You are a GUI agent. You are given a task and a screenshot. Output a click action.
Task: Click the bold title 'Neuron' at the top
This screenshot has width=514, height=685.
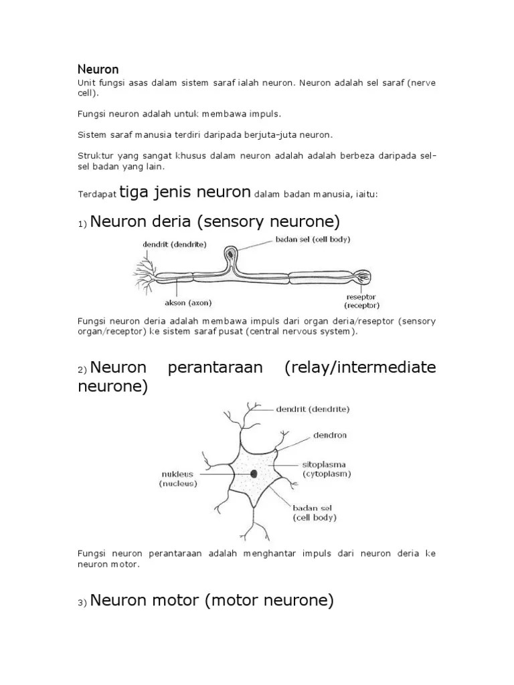98,69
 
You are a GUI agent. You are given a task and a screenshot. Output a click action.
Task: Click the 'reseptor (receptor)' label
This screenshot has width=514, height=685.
360,300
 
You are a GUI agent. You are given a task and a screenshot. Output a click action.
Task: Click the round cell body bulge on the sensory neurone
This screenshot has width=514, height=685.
230,255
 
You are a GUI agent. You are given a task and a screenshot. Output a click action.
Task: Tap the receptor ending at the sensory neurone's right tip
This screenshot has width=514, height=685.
361,275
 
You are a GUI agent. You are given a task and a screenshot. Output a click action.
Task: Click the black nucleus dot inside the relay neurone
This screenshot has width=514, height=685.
254,474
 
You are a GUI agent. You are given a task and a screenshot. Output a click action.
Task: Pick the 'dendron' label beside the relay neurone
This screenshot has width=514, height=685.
330,435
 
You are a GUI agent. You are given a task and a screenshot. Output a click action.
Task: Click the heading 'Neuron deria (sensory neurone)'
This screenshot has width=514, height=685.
215,221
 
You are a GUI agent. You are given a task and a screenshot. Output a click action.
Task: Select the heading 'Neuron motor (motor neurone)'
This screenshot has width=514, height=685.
211,601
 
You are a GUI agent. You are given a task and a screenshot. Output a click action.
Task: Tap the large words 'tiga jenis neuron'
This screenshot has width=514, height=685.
185,193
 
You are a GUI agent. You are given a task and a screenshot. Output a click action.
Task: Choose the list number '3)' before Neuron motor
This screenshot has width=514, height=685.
82,603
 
